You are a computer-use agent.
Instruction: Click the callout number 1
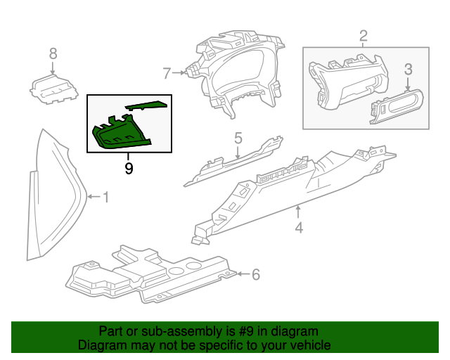coord(105,198)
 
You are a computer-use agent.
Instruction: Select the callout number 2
coord(363,35)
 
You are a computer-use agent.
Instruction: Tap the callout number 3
coord(408,69)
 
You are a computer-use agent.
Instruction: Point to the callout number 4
coord(299,228)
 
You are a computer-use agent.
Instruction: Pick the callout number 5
coord(238,138)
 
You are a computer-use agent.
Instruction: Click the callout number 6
coord(255,274)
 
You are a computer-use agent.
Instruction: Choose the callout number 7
coord(167,72)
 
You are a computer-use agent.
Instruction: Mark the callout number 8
coord(53,53)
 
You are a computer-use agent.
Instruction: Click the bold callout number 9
coord(128,169)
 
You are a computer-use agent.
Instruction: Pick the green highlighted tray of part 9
coord(120,134)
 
